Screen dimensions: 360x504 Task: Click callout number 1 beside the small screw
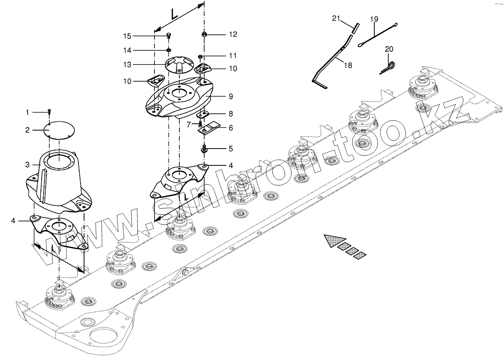[x=27, y=113]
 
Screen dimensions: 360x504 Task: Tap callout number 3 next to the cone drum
[x=27, y=165]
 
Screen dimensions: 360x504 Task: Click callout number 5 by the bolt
[x=230, y=149]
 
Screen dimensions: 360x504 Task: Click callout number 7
[x=189, y=124]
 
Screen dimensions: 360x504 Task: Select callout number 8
[x=231, y=114]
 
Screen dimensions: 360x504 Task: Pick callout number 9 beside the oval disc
[x=231, y=97]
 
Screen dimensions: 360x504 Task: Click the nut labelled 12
[x=204, y=35]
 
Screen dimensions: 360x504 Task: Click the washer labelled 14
[x=169, y=50]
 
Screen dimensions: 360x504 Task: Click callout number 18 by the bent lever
[x=348, y=65]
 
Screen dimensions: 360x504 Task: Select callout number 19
[x=374, y=19]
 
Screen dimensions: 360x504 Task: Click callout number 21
[x=336, y=18]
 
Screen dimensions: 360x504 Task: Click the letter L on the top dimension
[x=175, y=14]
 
